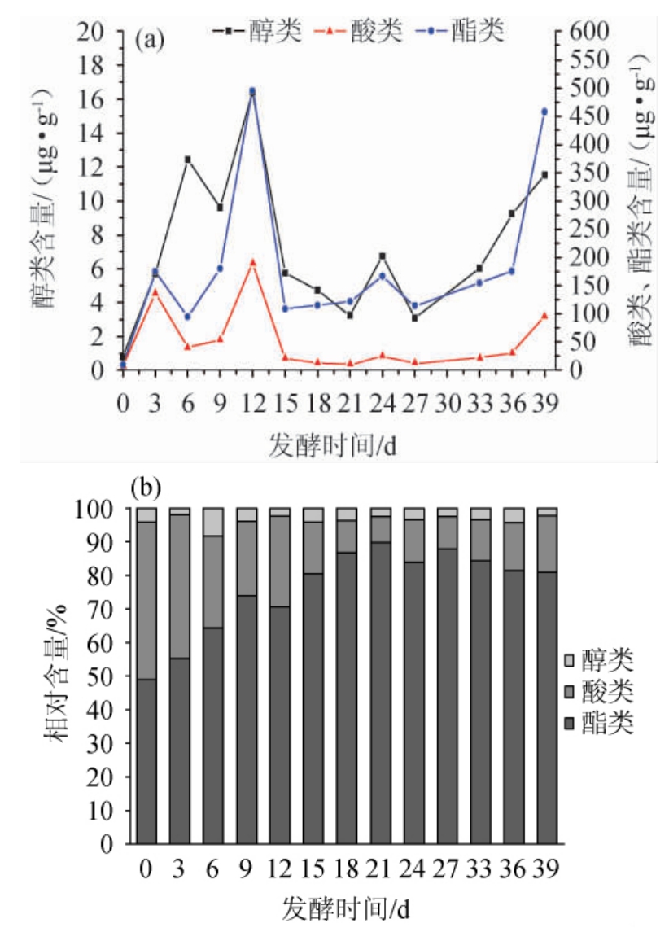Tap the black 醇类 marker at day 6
tap(187, 160)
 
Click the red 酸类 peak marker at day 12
tap(252, 262)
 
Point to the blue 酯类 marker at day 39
tap(544, 112)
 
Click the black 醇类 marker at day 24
tap(382, 256)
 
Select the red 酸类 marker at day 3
tap(155, 291)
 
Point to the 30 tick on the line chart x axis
tap(447, 403)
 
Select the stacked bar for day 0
tap(146, 676)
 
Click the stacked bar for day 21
tap(380, 676)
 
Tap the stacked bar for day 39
tap(547, 676)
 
